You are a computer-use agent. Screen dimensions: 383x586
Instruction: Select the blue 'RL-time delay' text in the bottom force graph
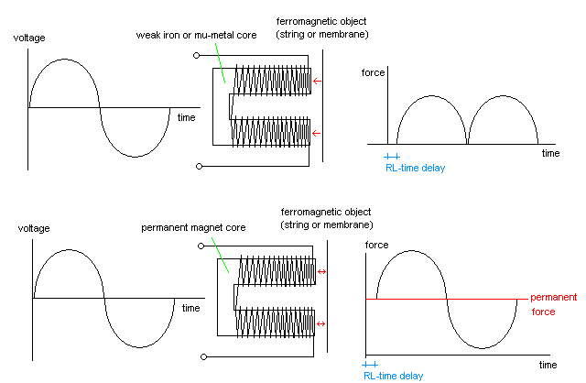[393, 376]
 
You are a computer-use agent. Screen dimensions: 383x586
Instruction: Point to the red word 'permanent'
[554, 298]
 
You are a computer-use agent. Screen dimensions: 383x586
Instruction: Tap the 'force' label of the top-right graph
[373, 71]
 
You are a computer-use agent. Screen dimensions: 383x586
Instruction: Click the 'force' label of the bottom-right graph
[376, 244]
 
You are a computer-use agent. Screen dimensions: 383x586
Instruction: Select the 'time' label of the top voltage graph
[186, 118]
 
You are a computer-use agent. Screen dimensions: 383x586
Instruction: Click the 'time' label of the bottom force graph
[548, 365]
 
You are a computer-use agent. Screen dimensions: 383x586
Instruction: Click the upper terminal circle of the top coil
[197, 55]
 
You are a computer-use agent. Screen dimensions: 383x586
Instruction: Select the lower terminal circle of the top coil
[197, 167]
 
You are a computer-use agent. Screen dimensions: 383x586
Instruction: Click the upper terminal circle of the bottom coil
[198, 244]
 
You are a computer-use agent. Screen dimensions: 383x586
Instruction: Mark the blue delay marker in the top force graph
[393, 158]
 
